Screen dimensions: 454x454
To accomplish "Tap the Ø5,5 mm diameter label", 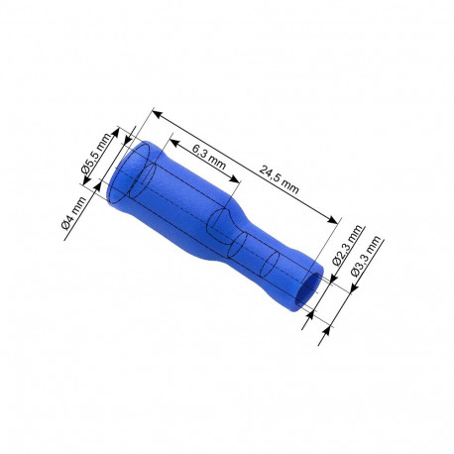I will click(95, 159).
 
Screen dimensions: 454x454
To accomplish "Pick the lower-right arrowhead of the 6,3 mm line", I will click(238, 181).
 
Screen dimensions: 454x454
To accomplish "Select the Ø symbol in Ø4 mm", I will click(66, 227).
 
